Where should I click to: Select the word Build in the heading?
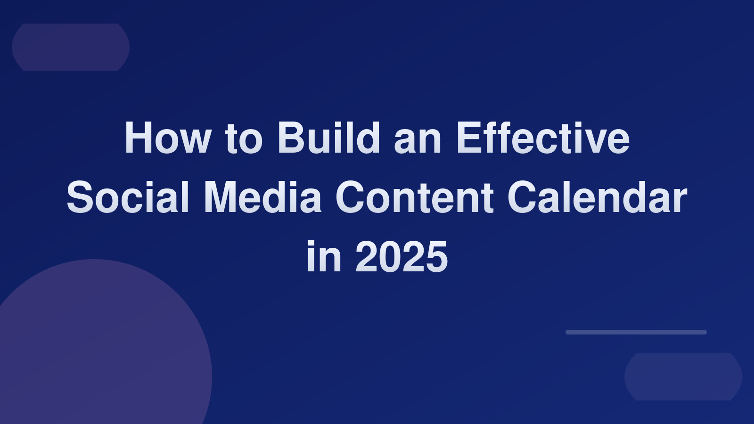pyautogui.click(x=328, y=137)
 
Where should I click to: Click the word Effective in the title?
pyautogui.click(x=542, y=137)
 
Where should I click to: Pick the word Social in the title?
pyautogui.click(x=128, y=197)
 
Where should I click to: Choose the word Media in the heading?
pyautogui.click(x=262, y=197)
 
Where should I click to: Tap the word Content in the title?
pyautogui.click(x=414, y=197)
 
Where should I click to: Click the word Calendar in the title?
pyautogui.click(x=597, y=197)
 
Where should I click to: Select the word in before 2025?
pyautogui.click(x=324, y=256)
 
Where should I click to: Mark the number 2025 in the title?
pyautogui.click(x=402, y=257)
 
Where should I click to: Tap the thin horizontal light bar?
pyautogui.click(x=636, y=332)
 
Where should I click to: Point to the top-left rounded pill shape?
pyautogui.click(x=71, y=47)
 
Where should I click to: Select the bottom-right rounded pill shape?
pyautogui.click(x=683, y=377)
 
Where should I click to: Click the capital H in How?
pyautogui.click(x=138, y=138)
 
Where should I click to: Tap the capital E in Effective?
pyautogui.click(x=468, y=138)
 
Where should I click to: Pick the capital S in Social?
pyautogui.click(x=80, y=197)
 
